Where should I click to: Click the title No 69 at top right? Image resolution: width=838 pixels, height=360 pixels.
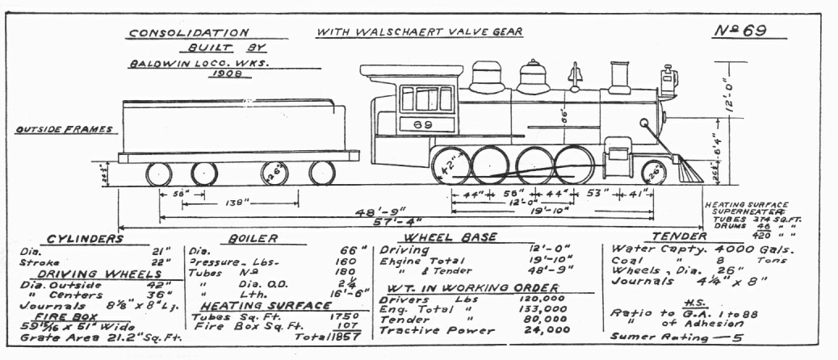point(740,31)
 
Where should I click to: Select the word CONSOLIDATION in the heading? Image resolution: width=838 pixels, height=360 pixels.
point(188,33)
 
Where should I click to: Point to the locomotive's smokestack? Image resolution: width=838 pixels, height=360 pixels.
point(619,77)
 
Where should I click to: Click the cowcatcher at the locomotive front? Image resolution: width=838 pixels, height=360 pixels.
point(689,170)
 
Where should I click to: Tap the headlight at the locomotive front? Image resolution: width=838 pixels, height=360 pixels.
point(668,79)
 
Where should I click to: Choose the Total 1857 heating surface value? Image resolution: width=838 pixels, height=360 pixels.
point(333,337)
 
